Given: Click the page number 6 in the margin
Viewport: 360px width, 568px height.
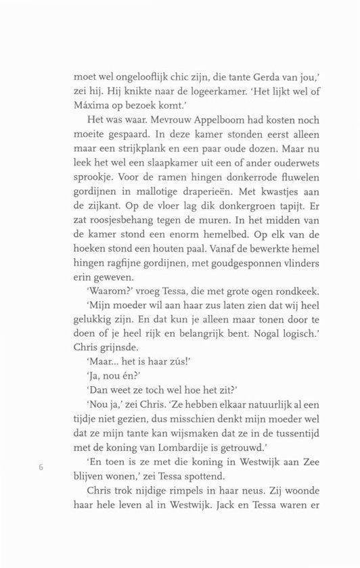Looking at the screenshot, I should pyautogui.click(x=42, y=467).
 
